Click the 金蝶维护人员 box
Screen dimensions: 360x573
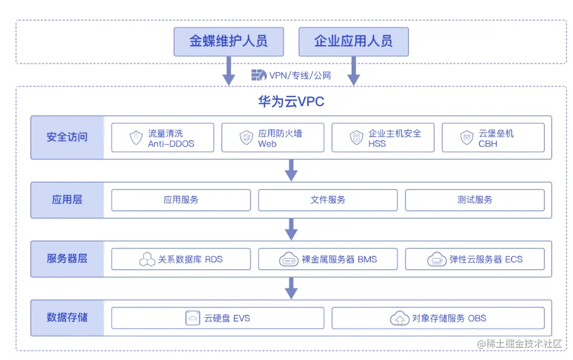coord(229,41)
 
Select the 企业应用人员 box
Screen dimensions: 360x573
coord(353,41)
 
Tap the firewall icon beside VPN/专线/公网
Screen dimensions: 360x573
coord(258,75)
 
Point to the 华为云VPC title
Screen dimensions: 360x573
coord(291,101)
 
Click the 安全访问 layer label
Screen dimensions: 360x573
coord(67,137)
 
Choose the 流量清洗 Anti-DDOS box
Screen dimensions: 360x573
coord(162,138)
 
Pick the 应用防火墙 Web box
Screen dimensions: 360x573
coord(272,138)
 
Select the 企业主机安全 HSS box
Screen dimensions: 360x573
coord(383,138)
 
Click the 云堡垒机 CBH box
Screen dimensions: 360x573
coord(493,138)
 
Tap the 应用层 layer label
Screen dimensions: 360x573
coord(67,200)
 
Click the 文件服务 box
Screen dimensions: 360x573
coord(327,200)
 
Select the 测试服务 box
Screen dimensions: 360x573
coord(474,200)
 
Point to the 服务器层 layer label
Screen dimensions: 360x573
coord(67,259)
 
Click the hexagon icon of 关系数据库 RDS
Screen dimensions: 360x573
coord(147,260)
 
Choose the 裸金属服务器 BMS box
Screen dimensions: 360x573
coord(327,259)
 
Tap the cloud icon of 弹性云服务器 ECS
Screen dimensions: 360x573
coord(437,260)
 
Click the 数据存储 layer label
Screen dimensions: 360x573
coord(67,318)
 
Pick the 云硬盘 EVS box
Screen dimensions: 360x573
coord(218,318)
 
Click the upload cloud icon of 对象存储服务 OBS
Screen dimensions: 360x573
coord(400,319)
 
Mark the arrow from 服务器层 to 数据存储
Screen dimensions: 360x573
coord(291,288)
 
